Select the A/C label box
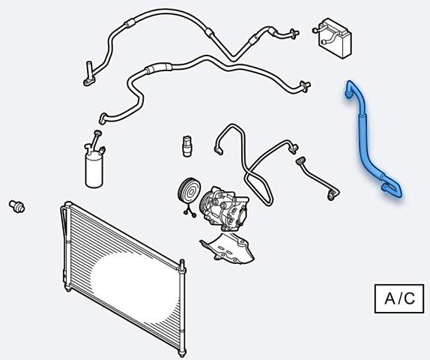click(399, 298)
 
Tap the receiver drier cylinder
click(94, 171)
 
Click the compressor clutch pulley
click(189, 191)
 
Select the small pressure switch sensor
click(187, 145)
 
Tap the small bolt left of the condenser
click(17, 206)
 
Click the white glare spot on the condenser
click(134, 286)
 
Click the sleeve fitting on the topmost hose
click(130, 23)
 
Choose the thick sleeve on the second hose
click(159, 67)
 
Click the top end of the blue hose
click(349, 88)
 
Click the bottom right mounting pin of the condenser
click(182, 352)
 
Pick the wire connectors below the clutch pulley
click(190, 212)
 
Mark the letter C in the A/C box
click(410, 298)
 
